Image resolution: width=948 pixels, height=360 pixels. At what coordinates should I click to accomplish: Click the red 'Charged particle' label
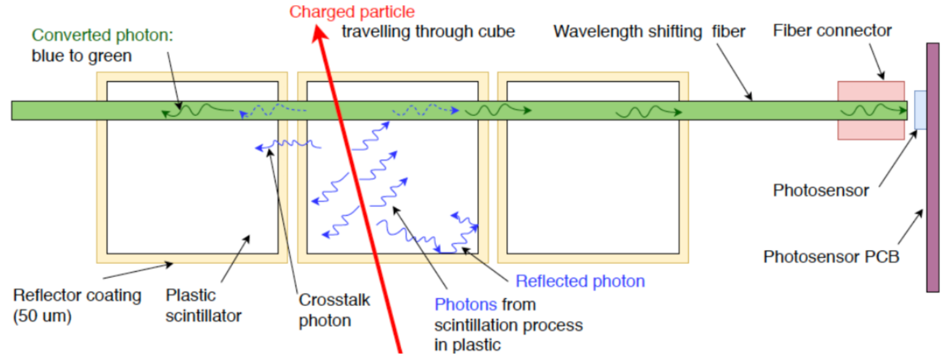352,12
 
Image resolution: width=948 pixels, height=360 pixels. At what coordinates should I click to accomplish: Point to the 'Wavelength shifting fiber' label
649,31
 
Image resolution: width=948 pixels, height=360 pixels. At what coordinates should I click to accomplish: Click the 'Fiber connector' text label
832,31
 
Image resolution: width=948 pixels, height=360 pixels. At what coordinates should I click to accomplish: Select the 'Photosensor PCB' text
831,257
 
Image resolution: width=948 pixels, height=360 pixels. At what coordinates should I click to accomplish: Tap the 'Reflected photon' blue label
580,281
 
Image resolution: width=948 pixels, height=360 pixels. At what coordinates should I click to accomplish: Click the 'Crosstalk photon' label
334,310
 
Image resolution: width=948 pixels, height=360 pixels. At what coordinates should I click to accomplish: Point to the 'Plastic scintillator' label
203,306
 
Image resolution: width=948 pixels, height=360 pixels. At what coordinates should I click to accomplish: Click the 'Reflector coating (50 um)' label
77,306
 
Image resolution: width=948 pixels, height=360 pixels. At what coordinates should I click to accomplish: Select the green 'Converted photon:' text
103,35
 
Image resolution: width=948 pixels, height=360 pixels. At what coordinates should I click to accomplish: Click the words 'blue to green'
82,56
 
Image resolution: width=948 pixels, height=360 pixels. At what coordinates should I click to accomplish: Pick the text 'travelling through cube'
428,31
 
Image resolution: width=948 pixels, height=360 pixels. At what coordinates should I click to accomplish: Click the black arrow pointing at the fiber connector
876,61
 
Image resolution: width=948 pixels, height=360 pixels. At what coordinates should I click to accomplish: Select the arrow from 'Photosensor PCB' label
910,227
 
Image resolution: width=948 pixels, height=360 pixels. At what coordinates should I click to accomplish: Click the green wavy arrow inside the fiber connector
872,110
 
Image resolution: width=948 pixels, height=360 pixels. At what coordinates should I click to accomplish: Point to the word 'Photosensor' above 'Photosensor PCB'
821,190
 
